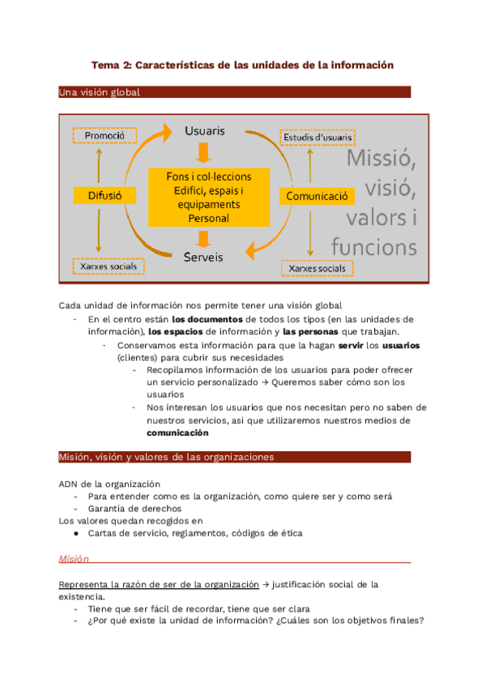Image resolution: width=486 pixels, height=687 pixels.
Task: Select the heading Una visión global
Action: (100, 92)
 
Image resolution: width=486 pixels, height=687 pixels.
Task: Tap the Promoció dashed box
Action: (99, 136)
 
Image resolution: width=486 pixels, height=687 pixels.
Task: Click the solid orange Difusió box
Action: (99, 195)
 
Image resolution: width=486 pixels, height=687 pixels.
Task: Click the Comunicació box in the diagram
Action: (318, 196)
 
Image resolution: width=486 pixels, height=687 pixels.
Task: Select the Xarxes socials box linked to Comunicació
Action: (317, 268)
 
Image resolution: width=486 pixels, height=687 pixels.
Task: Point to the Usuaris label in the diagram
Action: (205, 130)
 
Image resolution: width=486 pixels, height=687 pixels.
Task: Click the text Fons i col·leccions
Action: (209, 177)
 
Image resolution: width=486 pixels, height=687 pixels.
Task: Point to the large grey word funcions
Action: (373, 246)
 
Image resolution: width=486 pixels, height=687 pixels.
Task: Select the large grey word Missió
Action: (382, 159)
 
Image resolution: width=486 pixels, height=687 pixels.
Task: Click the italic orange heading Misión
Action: (73, 559)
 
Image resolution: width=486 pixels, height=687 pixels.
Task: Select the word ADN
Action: (69, 484)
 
